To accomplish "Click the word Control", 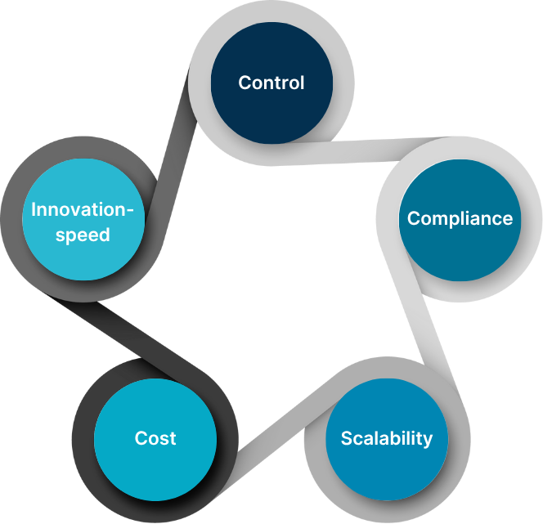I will [x=271, y=83].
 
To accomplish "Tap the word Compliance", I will [x=460, y=218].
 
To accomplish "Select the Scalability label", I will [x=386, y=437].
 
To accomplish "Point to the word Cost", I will [x=155, y=438].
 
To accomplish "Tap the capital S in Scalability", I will [x=346, y=437].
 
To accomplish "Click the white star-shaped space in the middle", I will [x=270, y=270].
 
